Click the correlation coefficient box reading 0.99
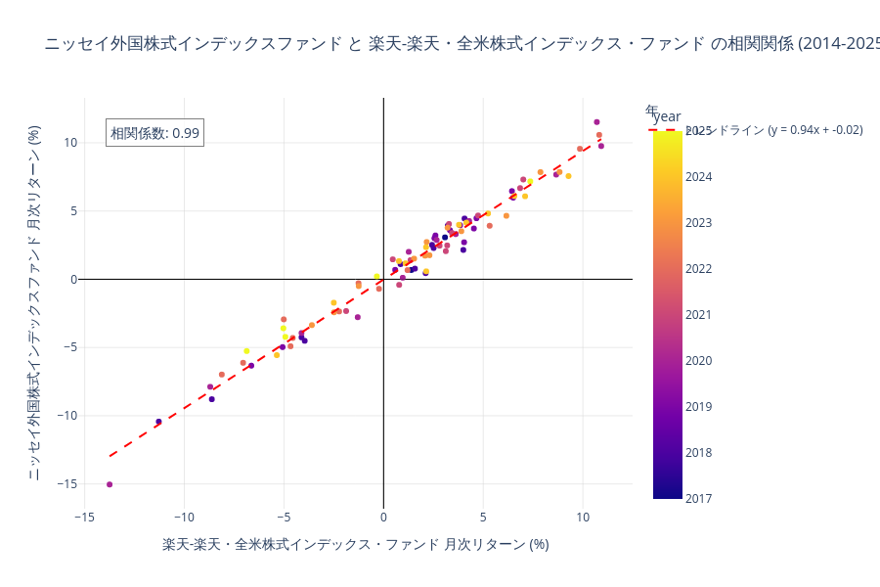pos(154,133)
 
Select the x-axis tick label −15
pos(84,518)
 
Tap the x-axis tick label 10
pos(583,518)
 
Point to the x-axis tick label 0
pos(383,518)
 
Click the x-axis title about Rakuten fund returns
pos(356,545)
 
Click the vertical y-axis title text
pos(34,302)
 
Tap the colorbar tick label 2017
pos(699,498)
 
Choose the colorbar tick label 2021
pos(699,315)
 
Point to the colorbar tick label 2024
pos(699,177)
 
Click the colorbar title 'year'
pos(666,117)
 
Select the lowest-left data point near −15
pos(110,484)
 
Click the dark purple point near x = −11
pos(158,422)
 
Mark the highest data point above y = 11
pos(596,122)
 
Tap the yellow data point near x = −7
pos(246,350)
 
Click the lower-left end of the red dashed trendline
pos(110,456)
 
